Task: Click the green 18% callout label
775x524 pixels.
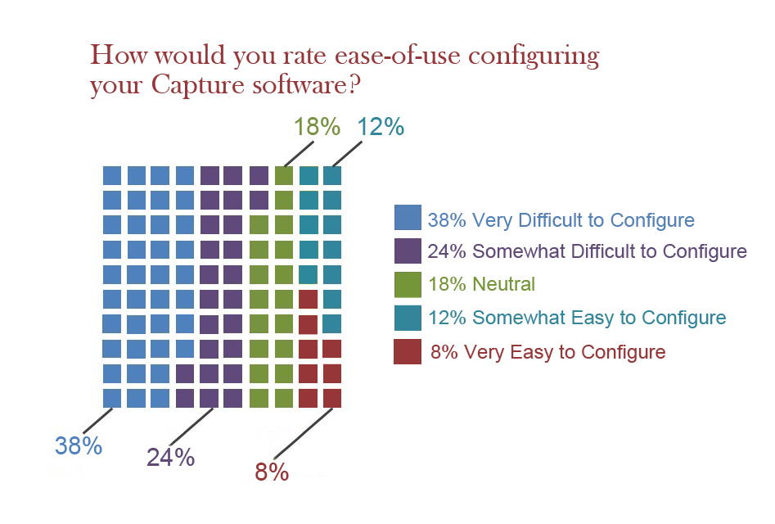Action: tap(317, 127)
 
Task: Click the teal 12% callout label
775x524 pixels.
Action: tap(380, 127)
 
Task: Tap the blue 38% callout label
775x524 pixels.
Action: tap(79, 446)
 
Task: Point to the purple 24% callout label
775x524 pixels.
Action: tap(171, 457)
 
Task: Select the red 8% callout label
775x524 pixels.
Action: tap(271, 472)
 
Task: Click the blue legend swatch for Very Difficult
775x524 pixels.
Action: tap(407, 217)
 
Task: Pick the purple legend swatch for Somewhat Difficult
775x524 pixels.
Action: tap(407, 250)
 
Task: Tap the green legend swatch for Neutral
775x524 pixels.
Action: tap(407, 283)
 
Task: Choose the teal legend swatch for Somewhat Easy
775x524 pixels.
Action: tap(407, 317)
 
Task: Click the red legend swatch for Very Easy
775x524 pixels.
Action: tap(407, 351)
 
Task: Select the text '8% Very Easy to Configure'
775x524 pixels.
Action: tap(547, 352)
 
